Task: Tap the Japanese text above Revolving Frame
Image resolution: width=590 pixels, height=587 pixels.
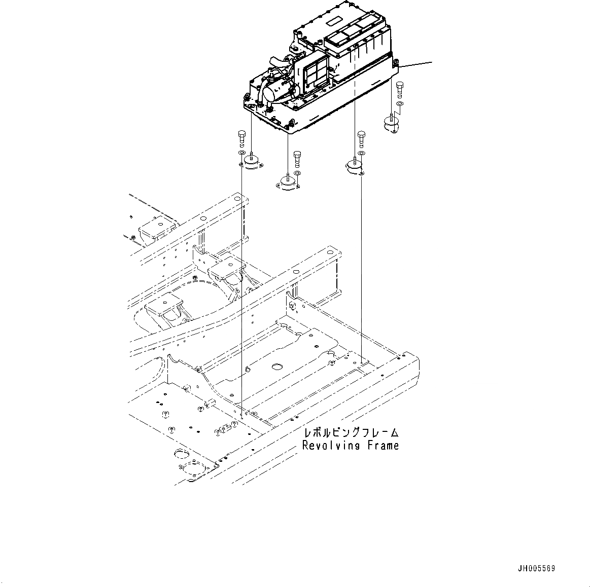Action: coord(351,433)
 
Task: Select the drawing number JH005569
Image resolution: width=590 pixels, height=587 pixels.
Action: coord(537,569)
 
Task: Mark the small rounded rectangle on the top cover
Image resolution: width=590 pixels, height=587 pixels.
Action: coord(336,22)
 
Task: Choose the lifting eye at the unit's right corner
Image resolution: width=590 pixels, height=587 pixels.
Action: coord(396,63)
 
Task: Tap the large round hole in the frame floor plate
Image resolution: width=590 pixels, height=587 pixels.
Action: coord(277,366)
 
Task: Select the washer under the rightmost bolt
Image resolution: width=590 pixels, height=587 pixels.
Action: coord(400,104)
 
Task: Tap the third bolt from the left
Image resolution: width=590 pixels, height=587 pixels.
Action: coord(361,137)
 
